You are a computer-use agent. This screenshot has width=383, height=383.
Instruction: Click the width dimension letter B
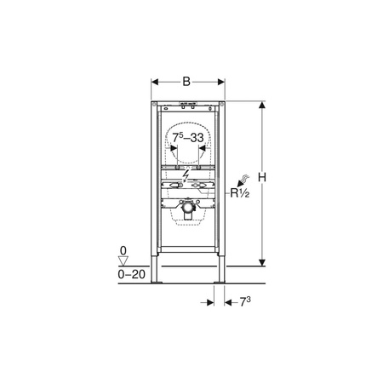tap(186, 82)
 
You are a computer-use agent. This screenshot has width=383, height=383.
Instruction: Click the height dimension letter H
tap(262, 178)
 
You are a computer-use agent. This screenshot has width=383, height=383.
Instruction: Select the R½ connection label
tap(240, 193)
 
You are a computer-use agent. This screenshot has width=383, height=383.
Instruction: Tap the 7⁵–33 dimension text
tap(188, 138)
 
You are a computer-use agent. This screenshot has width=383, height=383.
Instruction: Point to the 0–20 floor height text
tap(132, 274)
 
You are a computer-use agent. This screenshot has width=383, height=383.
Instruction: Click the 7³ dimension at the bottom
tap(245, 302)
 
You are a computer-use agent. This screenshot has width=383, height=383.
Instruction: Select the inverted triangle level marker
tap(123, 260)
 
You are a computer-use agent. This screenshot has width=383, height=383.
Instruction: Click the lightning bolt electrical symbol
tap(186, 176)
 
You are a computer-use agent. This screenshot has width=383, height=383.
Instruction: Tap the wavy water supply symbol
tap(245, 179)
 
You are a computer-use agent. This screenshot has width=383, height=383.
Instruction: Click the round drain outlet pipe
tap(187, 206)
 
